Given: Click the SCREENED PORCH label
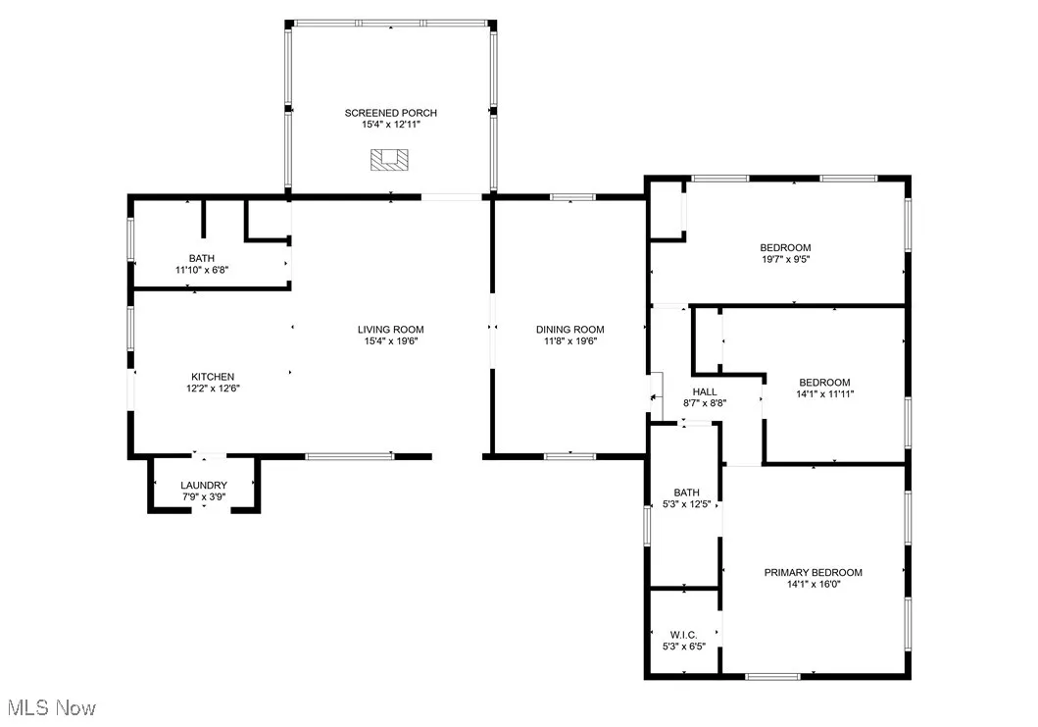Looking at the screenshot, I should click(x=390, y=113).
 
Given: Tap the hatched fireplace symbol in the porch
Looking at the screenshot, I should click(x=390, y=160).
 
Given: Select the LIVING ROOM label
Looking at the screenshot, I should click(x=390, y=330).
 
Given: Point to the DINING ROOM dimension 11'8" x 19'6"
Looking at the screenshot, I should click(x=569, y=341).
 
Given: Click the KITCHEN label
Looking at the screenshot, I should click(x=213, y=377).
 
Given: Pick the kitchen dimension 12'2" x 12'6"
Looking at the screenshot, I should click(x=213, y=389).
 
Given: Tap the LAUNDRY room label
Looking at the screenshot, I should click(x=204, y=486).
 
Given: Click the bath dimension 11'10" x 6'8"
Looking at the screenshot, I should click(x=202, y=270).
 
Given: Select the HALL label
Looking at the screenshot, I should click(x=705, y=391).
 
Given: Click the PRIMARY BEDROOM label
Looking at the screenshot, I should click(x=814, y=573).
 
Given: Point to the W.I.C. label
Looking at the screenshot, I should click(x=685, y=636).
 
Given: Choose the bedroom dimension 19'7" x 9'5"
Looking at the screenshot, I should click(x=785, y=259).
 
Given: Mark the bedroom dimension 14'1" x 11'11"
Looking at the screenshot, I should click(x=823, y=394).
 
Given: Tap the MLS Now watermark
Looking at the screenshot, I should click(x=51, y=707).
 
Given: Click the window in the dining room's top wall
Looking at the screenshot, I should click(x=571, y=198).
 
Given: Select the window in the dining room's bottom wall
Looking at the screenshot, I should click(x=569, y=456).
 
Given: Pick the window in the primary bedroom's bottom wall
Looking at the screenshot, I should click(x=772, y=675).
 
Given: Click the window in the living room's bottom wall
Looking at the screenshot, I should click(x=349, y=456).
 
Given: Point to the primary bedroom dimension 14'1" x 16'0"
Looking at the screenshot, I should click(x=814, y=585).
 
